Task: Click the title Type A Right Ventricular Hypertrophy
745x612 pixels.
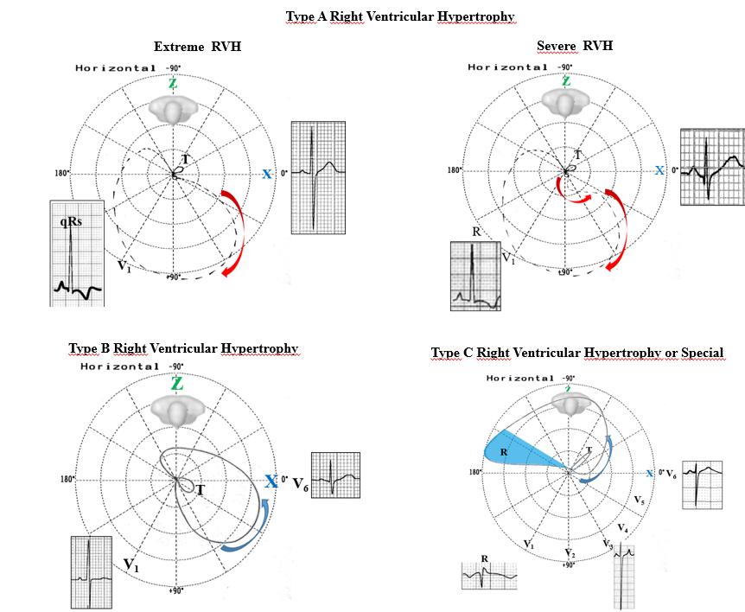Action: [400, 16]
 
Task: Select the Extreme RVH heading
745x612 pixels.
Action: [197, 47]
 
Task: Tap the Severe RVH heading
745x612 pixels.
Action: [574, 45]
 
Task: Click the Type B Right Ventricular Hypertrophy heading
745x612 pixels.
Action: [183, 348]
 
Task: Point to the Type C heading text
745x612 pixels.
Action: [576, 353]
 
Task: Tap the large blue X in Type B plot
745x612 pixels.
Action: [271, 481]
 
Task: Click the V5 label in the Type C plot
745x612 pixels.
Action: [639, 500]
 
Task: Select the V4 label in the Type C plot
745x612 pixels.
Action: [621, 528]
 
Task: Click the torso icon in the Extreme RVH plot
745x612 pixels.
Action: [173, 108]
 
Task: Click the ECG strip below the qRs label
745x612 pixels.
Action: [77, 268]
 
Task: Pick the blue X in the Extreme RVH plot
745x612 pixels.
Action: [267, 175]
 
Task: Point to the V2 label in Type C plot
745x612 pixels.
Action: [569, 553]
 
